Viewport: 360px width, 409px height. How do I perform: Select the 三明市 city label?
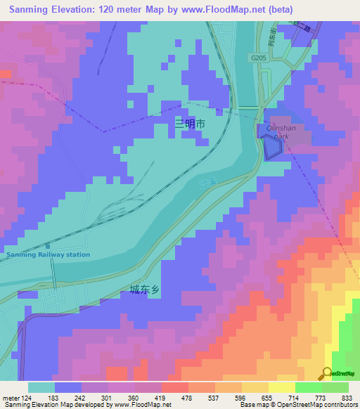[190, 124]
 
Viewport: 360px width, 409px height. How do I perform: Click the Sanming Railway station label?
[48, 254]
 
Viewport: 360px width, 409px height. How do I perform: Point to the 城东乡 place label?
[145, 289]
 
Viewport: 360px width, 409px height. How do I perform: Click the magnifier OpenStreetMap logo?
[327, 373]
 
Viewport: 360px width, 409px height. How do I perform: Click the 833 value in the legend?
[346, 398]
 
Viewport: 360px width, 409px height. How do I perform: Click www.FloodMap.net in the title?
[219, 10]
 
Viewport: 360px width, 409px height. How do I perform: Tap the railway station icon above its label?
[48, 246]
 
